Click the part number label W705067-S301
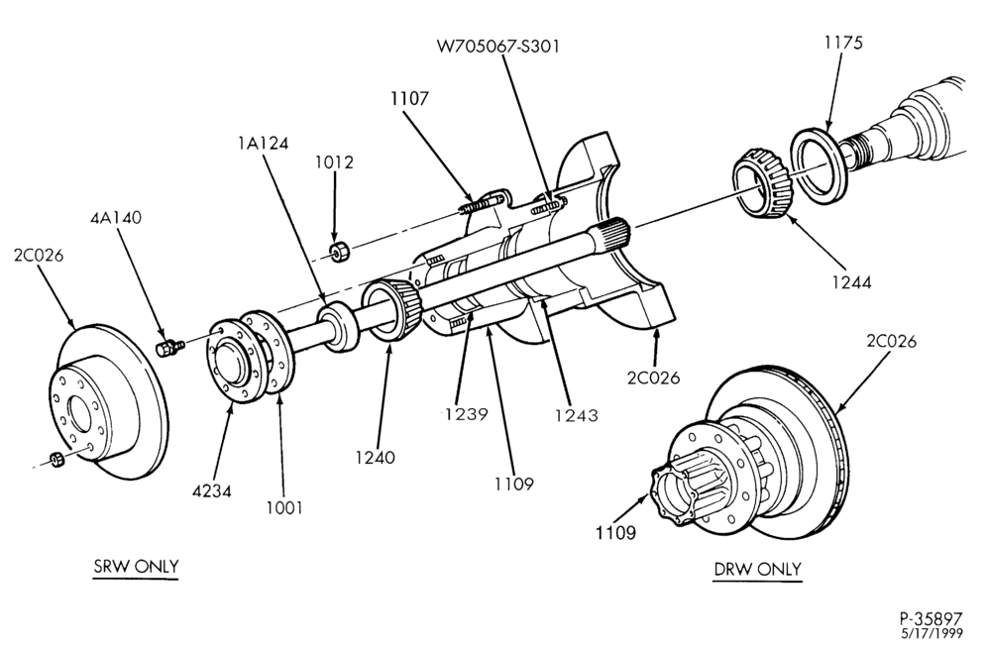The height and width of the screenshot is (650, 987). click(x=497, y=46)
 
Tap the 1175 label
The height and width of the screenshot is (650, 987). click(x=843, y=43)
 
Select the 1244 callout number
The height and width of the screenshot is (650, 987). click(x=851, y=282)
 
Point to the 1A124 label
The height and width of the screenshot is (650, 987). click(x=264, y=144)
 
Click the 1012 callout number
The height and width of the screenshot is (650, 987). click(x=335, y=162)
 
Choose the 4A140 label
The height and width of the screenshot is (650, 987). click(x=116, y=217)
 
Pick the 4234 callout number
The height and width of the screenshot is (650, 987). click(x=211, y=490)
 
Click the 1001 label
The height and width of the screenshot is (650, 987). click(x=283, y=507)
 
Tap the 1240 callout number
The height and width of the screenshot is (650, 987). click(x=376, y=458)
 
